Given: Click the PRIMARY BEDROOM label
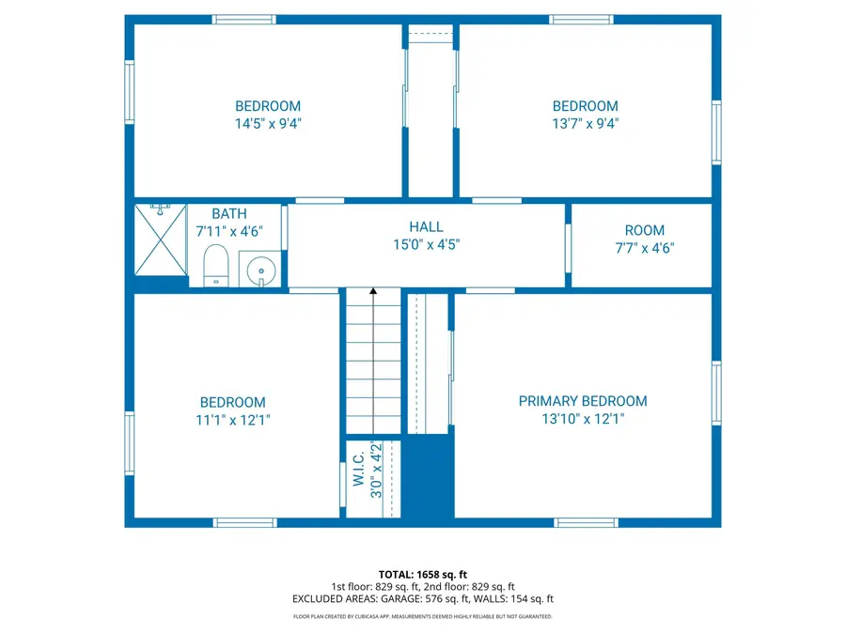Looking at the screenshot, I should tap(583, 401).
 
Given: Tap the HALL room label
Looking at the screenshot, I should tap(426, 226).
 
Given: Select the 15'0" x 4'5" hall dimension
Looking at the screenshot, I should tap(426, 244).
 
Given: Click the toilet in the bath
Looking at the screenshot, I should tap(216, 266).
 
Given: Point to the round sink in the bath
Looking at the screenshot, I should tap(258, 271).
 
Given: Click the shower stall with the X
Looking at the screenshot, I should tap(161, 240).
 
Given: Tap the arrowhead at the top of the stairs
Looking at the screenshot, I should tap(373, 293).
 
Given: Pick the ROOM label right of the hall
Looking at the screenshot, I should tap(644, 230).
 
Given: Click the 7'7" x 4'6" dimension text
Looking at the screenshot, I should tap(644, 249).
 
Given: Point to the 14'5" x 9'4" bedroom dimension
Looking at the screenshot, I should tap(268, 123).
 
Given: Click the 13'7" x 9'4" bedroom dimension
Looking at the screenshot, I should tap(585, 123).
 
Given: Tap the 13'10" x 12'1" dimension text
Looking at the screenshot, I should tap(583, 420).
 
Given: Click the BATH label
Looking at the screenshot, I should tap(229, 214).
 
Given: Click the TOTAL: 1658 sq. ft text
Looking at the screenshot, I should tap(422, 574).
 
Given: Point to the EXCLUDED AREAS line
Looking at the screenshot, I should tap(422, 598).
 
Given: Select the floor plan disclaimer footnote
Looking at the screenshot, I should tap(422, 617).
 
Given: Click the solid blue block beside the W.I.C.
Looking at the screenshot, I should tap(428, 476).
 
